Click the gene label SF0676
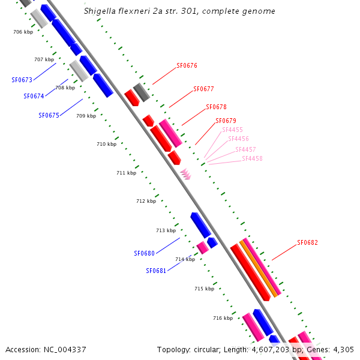[x=187, y=66]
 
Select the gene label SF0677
[x=203, y=89]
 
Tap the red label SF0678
[x=216, y=107]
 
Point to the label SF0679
[x=226, y=121]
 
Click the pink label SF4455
[x=232, y=130]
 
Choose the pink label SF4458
[x=252, y=158]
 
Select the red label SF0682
[x=307, y=243]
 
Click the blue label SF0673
[x=22, y=80]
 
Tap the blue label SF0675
[x=49, y=115]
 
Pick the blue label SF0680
[x=144, y=253]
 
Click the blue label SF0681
[x=156, y=271]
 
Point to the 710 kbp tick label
[x=106, y=144]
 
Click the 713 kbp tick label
[x=166, y=230]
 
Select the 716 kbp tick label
[x=223, y=318]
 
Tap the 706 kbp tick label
[x=23, y=32]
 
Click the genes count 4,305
[x=342, y=349]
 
